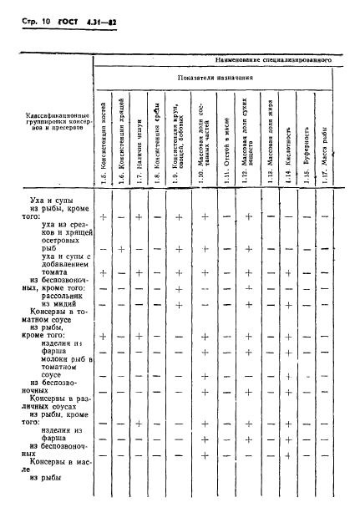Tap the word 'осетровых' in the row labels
[x=63, y=258]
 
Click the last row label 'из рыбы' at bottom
[x=47, y=501]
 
